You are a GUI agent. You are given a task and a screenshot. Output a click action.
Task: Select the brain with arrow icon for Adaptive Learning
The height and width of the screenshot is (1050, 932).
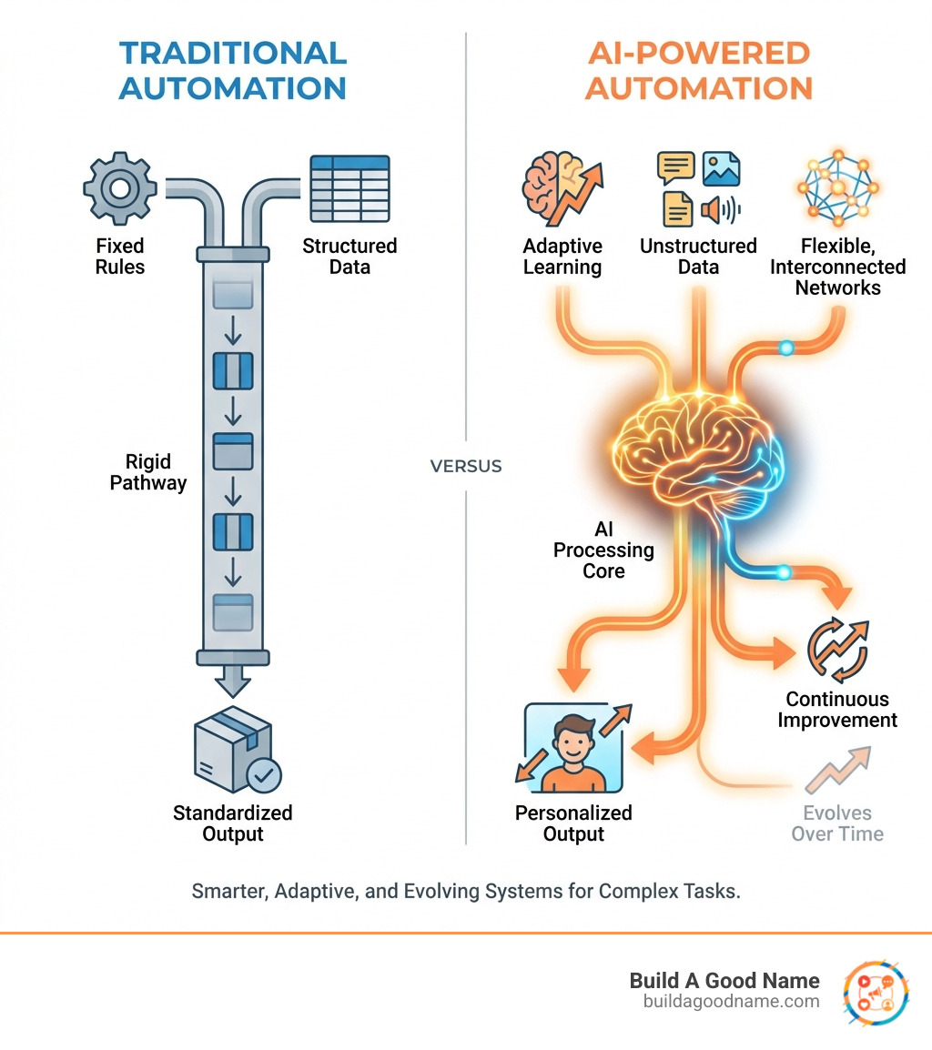click(x=562, y=188)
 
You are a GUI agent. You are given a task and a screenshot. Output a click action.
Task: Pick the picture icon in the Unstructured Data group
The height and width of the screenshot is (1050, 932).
click(x=721, y=169)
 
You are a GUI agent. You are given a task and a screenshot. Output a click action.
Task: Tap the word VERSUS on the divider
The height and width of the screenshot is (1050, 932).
click(x=465, y=466)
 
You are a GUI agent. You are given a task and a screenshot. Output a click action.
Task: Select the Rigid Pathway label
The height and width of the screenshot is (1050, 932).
click(x=148, y=472)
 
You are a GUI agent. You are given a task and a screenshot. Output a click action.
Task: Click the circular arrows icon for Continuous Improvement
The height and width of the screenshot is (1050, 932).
click(x=838, y=650)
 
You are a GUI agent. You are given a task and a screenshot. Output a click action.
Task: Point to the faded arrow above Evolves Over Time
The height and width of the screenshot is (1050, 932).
click(x=837, y=770)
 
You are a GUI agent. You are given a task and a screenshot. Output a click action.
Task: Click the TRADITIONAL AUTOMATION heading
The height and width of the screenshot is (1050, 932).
click(x=233, y=70)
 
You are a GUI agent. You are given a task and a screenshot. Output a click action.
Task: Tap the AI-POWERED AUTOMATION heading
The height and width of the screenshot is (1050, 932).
click(x=698, y=70)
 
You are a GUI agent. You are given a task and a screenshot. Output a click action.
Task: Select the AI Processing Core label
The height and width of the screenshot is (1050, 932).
click(x=603, y=550)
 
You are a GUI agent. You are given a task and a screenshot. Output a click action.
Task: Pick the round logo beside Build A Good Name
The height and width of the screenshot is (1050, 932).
click(x=876, y=991)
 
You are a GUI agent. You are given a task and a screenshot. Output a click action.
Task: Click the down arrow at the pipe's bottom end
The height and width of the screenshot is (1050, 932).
click(x=233, y=679)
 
